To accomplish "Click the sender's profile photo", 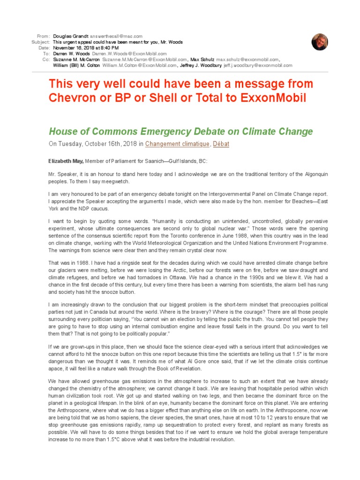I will pos(320,42).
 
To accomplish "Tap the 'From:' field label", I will pos(43,36).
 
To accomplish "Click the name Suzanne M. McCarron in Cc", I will pos(76,60).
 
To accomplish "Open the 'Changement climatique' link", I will pos(177,144).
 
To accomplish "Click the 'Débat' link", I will pos(221,144).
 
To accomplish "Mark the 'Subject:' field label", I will pos(41,42).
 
